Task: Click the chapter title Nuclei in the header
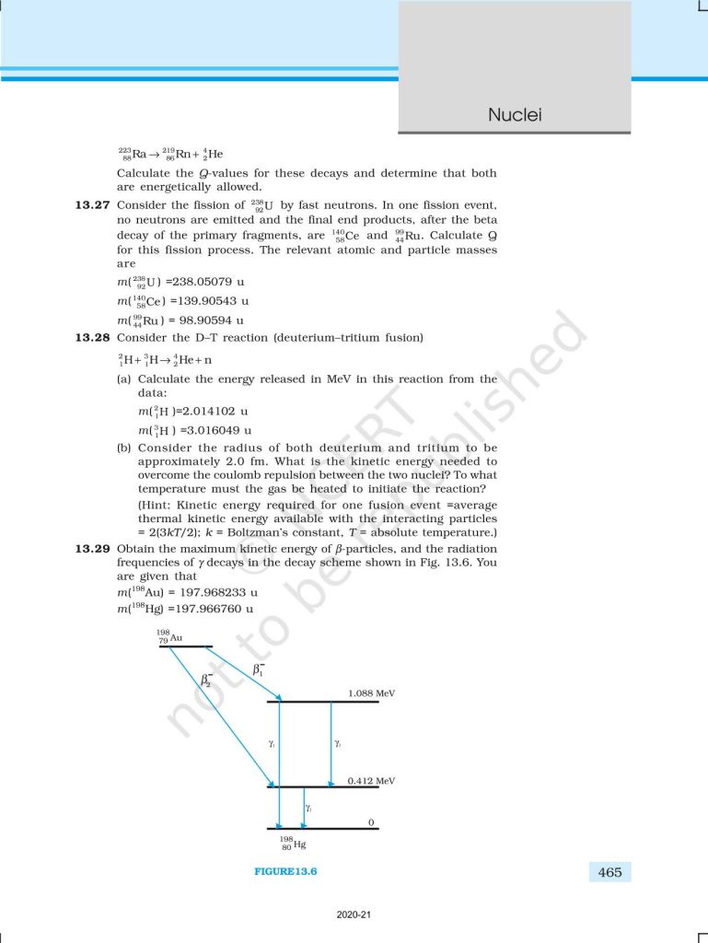515,115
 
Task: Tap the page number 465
609,872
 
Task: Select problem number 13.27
94,204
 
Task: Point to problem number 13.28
94,337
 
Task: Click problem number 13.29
94,548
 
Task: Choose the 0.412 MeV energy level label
372,780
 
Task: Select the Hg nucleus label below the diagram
293,843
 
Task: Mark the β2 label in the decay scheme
208,682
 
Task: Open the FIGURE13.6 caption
285,872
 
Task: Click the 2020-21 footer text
354,914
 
